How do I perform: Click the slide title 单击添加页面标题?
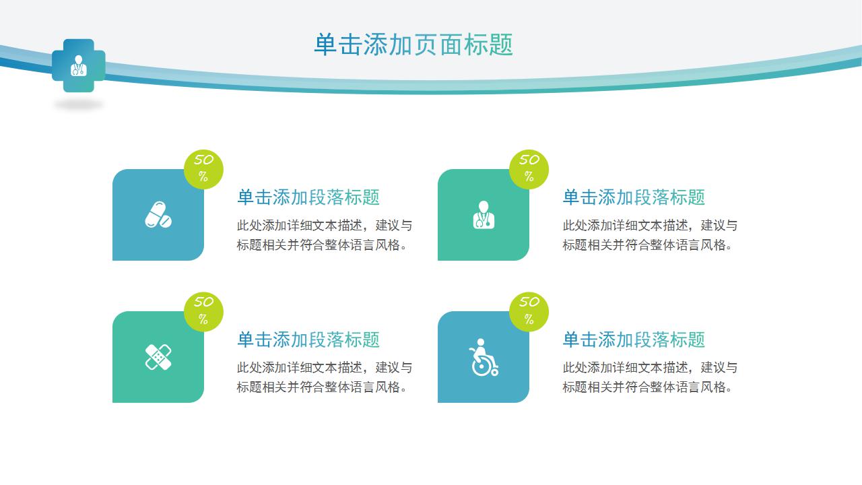click(413, 44)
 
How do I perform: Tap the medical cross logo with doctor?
click(79, 65)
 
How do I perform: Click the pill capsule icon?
click(158, 214)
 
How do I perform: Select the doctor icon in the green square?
click(483, 215)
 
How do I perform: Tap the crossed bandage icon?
click(158, 357)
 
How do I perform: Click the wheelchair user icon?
click(483, 357)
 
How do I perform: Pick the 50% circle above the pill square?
click(203, 169)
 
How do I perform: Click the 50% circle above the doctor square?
click(529, 169)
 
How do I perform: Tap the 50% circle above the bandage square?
click(203, 311)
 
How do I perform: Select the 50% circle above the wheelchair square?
click(529, 311)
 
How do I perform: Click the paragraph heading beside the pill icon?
click(308, 197)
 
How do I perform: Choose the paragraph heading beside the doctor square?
click(634, 197)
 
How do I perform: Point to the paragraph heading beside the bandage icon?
click(308, 339)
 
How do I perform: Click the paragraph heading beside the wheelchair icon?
click(634, 339)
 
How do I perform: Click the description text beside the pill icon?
click(324, 235)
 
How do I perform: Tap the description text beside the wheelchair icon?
click(650, 377)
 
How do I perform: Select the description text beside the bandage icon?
click(324, 377)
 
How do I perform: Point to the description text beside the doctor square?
click(650, 235)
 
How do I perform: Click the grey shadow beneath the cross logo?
click(79, 104)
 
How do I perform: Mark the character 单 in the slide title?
click(325, 44)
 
